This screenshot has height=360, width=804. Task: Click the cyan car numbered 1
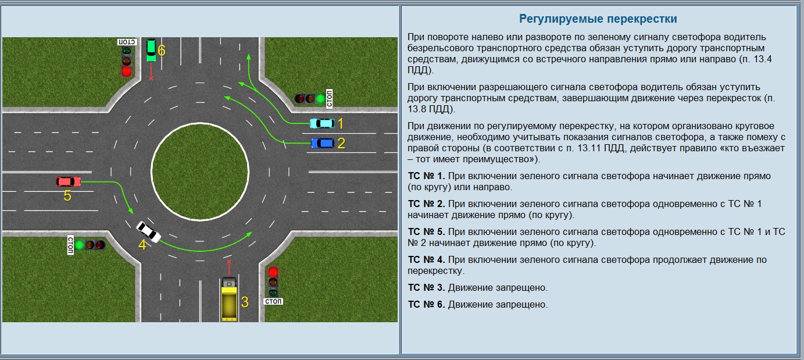322,123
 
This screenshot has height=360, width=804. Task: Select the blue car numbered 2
322,143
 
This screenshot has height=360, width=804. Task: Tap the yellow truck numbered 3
229,298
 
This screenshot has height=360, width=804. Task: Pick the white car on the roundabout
149,231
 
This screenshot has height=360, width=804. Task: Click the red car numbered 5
68,181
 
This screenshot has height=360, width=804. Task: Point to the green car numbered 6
152,50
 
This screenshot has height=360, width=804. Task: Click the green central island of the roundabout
200,171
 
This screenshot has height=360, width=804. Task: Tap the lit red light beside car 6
126,72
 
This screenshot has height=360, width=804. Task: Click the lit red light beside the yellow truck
273,272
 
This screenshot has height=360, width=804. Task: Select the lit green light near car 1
320,98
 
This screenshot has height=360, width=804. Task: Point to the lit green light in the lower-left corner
79,245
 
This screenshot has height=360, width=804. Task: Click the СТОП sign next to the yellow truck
273,301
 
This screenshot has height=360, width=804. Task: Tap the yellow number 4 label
142,245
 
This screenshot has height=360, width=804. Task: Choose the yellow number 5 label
67,195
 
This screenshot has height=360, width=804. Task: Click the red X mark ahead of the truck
229,262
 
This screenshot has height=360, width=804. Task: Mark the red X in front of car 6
151,78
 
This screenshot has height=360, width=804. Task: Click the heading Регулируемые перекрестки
598,19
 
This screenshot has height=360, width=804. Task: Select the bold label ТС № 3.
426,287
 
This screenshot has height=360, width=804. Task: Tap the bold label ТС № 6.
426,304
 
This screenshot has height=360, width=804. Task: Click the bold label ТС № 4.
426,259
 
